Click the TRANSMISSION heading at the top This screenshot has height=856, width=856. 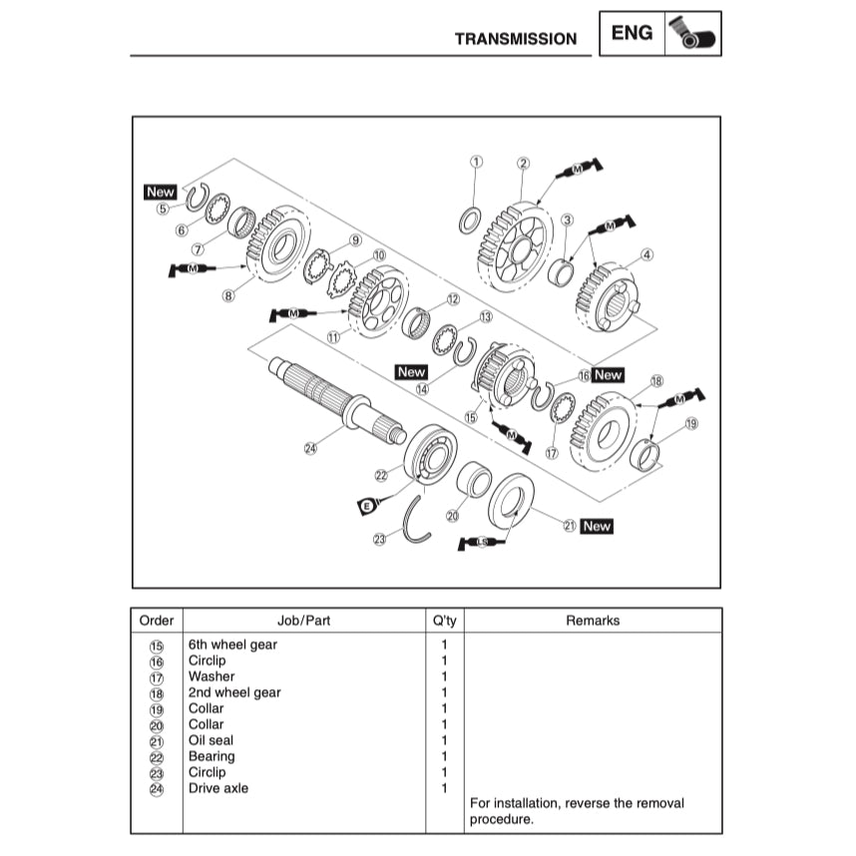(x=515, y=39)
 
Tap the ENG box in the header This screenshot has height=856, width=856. (x=632, y=33)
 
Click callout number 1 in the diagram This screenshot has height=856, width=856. (x=476, y=162)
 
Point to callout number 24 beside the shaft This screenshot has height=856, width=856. (x=310, y=449)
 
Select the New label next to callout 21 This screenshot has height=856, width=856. (x=597, y=526)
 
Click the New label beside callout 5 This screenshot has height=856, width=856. (x=160, y=192)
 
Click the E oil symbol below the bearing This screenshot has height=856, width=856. (x=366, y=507)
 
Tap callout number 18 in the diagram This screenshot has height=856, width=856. (x=656, y=381)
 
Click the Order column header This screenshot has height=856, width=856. (x=157, y=621)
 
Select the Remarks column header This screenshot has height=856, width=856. (x=593, y=621)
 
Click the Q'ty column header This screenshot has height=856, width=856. (x=444, y=621)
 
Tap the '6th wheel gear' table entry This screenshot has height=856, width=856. (x=232, y=644)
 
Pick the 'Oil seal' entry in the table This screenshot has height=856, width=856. (x=210, y=740)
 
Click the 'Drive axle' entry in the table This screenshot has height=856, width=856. (x=218, y=788)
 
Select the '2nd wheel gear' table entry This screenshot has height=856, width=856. (x=234, y=692)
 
